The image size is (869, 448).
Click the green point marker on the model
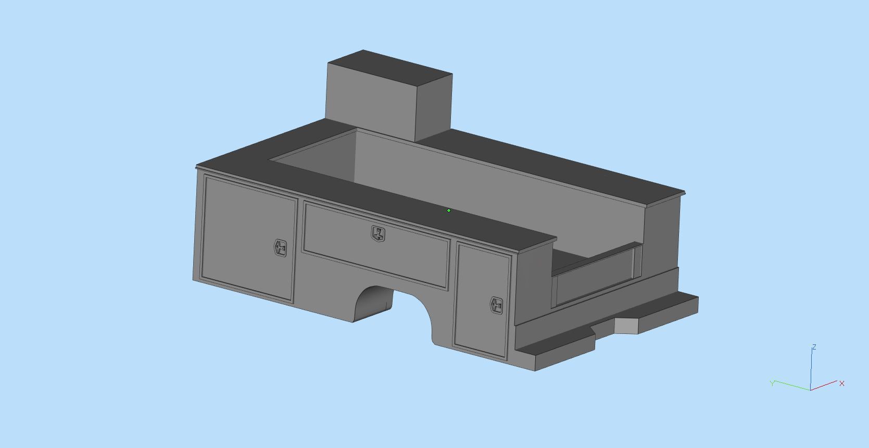449,210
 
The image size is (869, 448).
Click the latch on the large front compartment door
281,248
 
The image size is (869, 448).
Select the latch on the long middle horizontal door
379,234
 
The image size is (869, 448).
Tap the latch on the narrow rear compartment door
496,306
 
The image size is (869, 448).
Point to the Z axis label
814,347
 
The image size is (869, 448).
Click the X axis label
842,383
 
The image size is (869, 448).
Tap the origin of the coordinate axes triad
810,389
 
